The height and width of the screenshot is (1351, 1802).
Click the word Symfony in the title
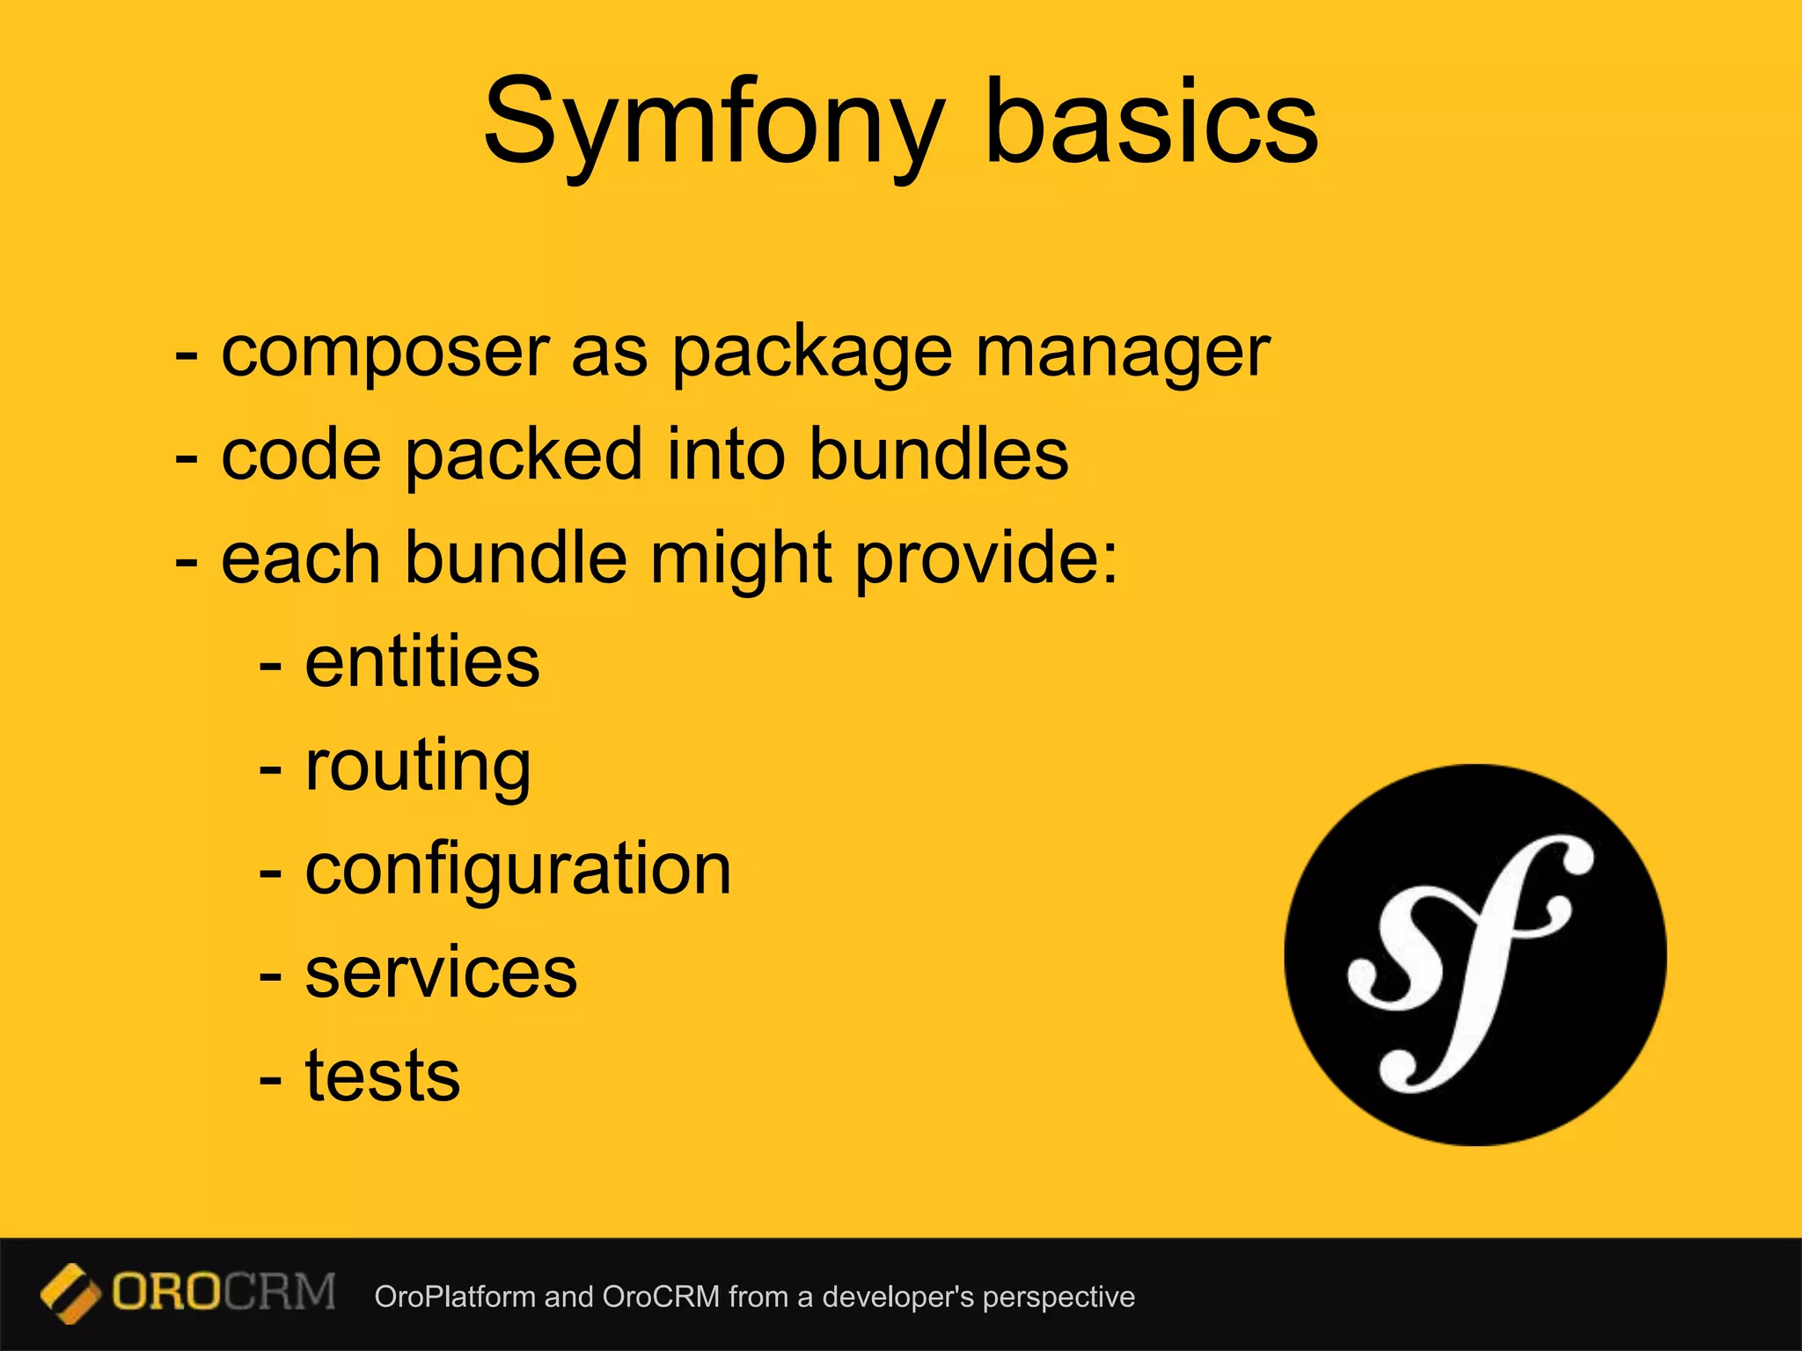tap(713, 123)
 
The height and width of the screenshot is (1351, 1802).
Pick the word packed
tap(523, 455)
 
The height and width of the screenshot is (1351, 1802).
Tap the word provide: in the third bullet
tap(986, 559)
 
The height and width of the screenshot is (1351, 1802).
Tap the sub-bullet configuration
tap(518, 870)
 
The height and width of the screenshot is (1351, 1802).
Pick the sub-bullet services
tap(441, 973)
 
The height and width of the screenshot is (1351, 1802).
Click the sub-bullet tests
tap(383, 1076)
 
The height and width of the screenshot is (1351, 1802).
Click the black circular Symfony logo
tap(1475, 954)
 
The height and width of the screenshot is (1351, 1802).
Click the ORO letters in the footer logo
tap(166, 1293)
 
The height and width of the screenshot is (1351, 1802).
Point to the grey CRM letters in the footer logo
tap(280, 1293)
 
